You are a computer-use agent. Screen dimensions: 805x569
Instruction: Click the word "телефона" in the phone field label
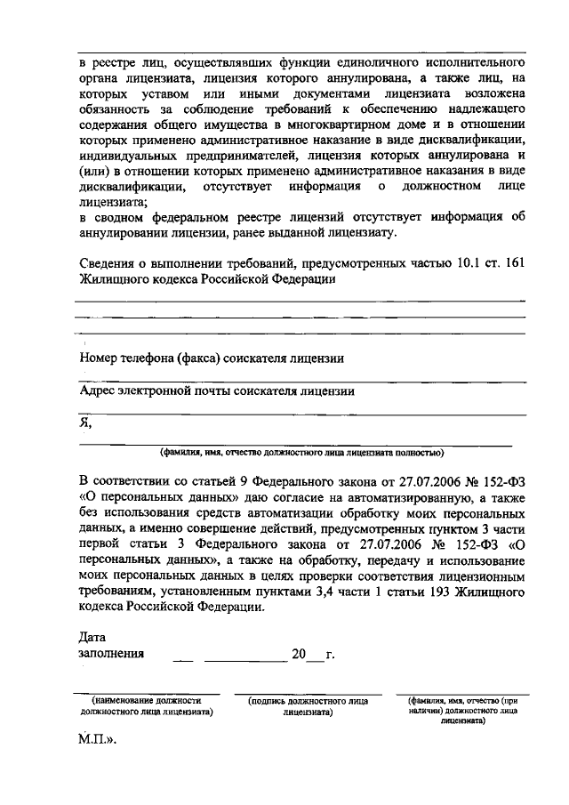pos(148,358)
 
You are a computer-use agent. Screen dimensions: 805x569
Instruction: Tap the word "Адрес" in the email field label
pos(98,390)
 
